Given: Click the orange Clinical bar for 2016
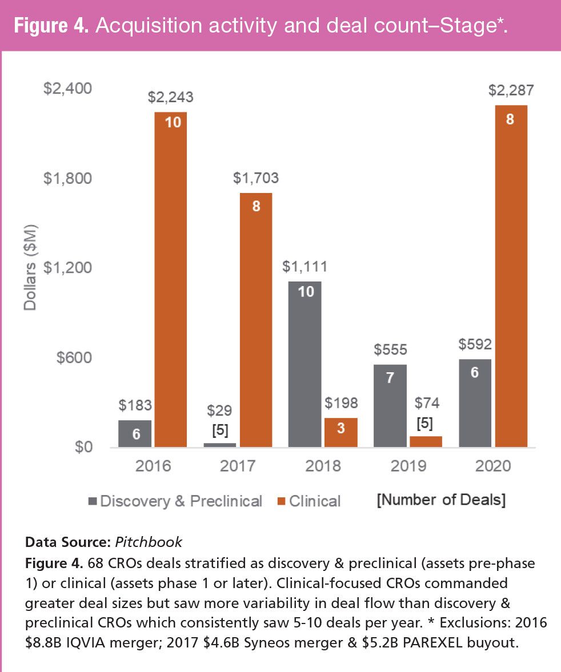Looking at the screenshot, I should [170, 280].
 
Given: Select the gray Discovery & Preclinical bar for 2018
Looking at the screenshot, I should [304, 364].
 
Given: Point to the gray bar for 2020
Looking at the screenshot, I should [474, 403].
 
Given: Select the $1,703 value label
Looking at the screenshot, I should [255, 178].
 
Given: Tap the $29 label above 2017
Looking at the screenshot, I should [220, 410].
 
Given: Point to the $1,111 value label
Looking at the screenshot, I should [305, 267].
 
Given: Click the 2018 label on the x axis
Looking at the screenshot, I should [323, 466].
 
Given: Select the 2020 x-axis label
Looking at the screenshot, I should [492, 466].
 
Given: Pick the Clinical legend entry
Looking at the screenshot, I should [308, 501].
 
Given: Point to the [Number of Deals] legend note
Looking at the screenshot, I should [441, 501].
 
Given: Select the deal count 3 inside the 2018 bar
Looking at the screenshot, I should [340, 428].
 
